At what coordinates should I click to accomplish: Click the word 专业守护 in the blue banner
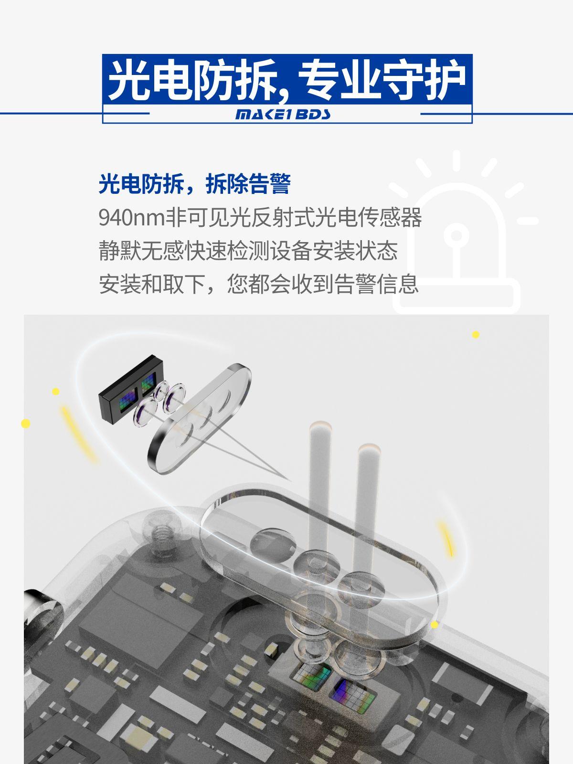click(x=382, y=80)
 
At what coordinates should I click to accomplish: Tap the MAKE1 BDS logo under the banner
click(x=283, y=114)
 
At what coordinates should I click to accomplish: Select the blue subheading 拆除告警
click(x=248, y=184)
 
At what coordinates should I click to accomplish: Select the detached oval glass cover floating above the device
click(x=199, y=418)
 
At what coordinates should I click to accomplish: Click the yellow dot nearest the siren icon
click(x=476, y=335)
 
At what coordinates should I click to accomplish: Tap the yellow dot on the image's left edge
click(x=26, y=423)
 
